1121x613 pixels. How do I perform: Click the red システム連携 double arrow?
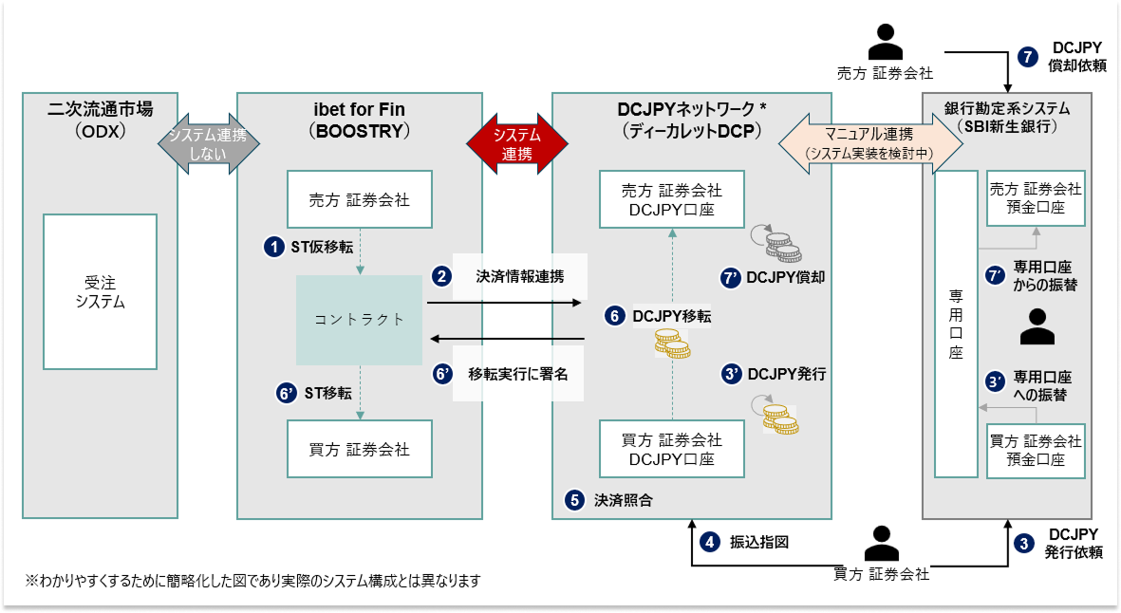pos(517,143)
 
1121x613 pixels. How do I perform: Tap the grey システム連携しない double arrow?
pos(208,143)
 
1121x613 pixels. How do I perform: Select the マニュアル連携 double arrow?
pos(870,143)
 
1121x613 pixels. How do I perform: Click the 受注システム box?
pos(100,291)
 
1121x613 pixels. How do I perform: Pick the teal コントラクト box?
pos(359,320)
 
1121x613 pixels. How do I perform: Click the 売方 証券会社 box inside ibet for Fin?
pos(360,199)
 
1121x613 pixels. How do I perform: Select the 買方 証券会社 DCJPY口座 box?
pos(672,449)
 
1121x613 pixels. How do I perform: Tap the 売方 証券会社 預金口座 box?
pos(1036,198)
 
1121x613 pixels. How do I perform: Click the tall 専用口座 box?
pos(956,324)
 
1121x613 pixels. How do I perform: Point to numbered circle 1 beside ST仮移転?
pos(273,248)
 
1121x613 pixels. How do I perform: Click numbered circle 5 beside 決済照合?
pos(575,500)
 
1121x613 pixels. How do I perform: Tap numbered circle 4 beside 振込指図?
pos(709,542)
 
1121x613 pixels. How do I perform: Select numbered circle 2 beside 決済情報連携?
pos(441,276)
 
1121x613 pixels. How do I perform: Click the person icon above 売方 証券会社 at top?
pos(885,42)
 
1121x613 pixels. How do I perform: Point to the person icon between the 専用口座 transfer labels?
pos(1037,326)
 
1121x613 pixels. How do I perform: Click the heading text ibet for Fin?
pos(359,109)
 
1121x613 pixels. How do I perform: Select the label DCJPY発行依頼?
pos(1074,543)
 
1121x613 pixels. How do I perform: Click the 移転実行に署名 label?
pos(517,374)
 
